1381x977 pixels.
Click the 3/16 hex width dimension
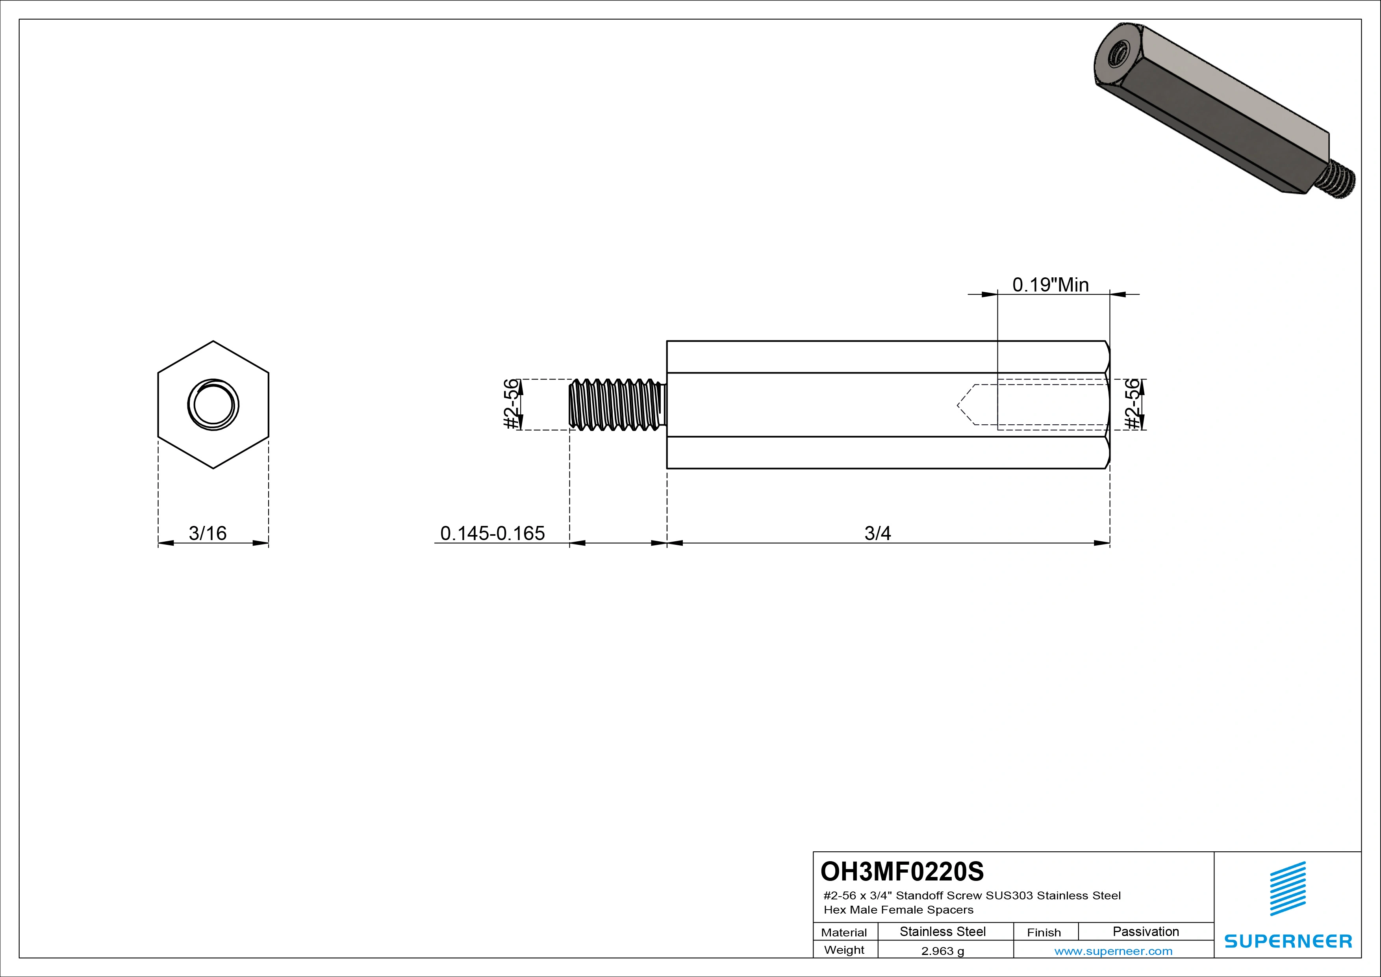pos(208,533)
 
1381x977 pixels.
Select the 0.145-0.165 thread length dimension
pos(492,533)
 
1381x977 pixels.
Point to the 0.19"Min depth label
pos(1050,284)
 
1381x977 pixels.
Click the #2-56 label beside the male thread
pos(511,404)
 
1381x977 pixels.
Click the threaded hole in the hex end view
pos(213,404)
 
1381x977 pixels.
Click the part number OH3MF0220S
pos(902,871)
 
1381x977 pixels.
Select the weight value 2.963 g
pos(942,951)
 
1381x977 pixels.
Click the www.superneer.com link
pos(1113,951)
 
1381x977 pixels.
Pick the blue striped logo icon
pos(1288,889)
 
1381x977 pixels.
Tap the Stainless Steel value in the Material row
pos(942,931)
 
